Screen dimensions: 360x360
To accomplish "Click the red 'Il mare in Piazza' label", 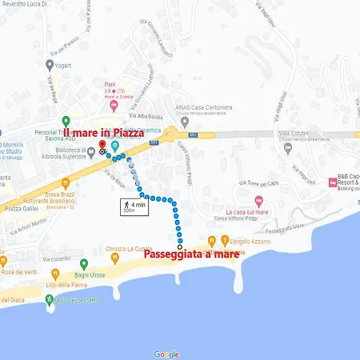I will pyautogui.click(x=103, y=132).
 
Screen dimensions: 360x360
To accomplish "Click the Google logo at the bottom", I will pyautogui.click(x=166, y=354).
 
